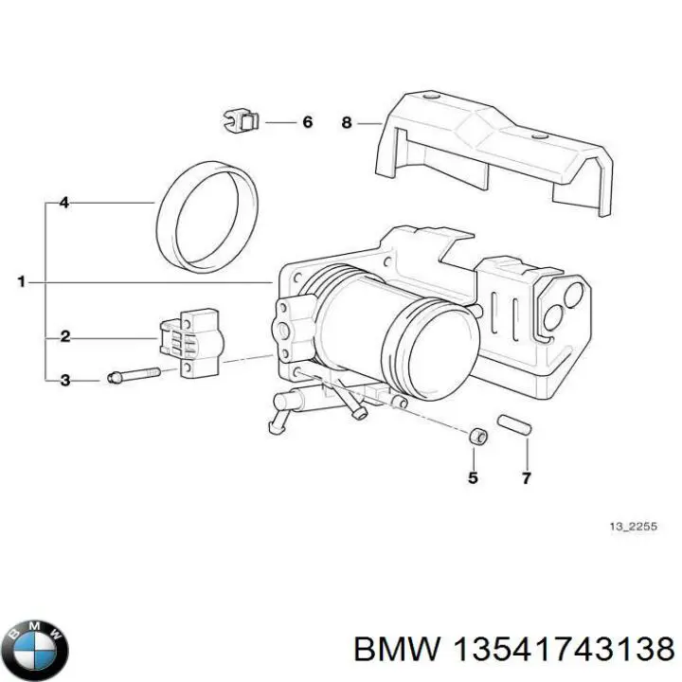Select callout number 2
pos(64,336)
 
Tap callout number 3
pos(64,381)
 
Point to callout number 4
pos(64,203)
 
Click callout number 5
pos(473,477)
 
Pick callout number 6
pos(306,122)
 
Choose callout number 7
pos(527,477)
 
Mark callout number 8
pos(347,122)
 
